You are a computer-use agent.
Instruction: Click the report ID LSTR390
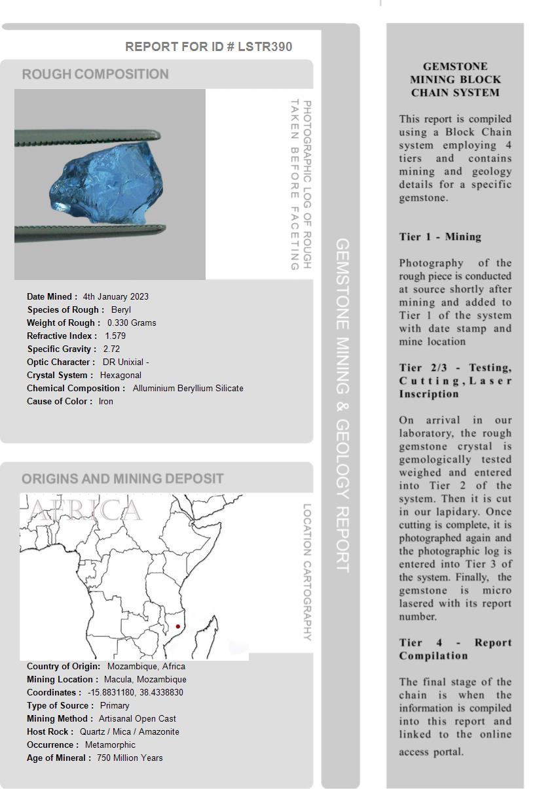tap(265, 47)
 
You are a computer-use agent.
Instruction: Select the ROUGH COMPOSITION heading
tap(96, 75)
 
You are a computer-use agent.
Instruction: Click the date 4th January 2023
tap(116, 296)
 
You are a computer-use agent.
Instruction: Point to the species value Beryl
tap(121, 309)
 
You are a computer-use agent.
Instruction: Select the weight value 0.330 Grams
tap(132, 323)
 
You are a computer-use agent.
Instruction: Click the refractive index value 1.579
tap(115, 336)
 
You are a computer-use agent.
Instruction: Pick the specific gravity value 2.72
tap(111, 349)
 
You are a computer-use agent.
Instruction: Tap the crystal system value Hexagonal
tap(120, 375)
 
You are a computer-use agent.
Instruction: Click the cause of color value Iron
tap(106, 401)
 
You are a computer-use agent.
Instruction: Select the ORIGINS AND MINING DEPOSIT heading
tap(122, 479)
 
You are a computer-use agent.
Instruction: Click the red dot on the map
tap(177, 627)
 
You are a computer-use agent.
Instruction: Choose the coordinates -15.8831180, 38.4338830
tap(136, 692)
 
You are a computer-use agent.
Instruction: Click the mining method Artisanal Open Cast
tap(138, 718)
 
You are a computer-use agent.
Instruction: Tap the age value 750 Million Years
tap(130, 758)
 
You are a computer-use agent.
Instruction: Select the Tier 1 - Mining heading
tap(440, 237)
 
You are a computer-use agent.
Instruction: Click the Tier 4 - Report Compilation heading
tap(455, 649)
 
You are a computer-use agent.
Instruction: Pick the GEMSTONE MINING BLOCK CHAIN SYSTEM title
tap(455, 79)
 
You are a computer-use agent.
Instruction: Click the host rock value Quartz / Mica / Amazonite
tap(129, 731)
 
